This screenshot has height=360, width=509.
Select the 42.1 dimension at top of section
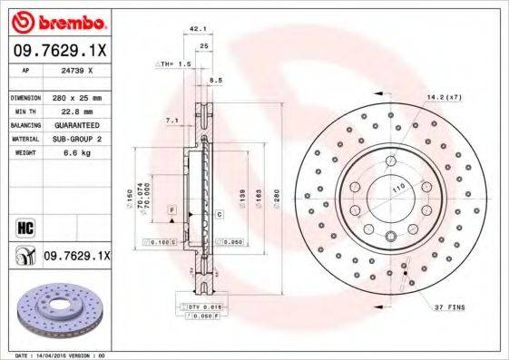(194, 31)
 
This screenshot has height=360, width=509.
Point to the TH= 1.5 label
(176, 64)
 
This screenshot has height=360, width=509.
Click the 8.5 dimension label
(215, 82)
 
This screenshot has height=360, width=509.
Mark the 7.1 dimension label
(171, 120)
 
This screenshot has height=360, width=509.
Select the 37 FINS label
(451, 307)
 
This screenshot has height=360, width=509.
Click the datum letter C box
(220, 213)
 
